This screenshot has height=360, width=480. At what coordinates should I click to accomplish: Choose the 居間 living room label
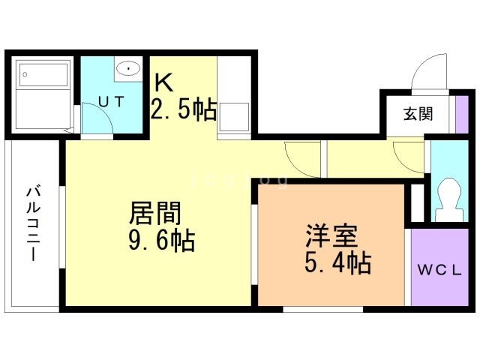tap(155, 214)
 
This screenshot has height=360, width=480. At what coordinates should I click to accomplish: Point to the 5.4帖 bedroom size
tap(338, 262)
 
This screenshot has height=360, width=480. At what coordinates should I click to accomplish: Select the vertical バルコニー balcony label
tap(34, 223)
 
